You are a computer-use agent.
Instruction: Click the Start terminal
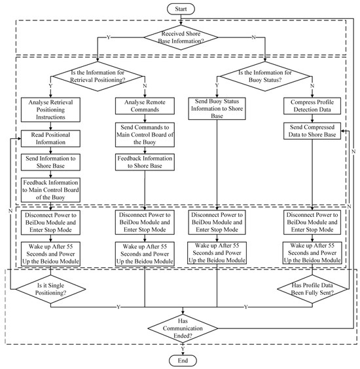coord(180,9)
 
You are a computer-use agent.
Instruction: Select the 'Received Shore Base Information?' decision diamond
coord(180,39)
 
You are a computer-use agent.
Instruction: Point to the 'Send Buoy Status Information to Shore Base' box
coord(217,108)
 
